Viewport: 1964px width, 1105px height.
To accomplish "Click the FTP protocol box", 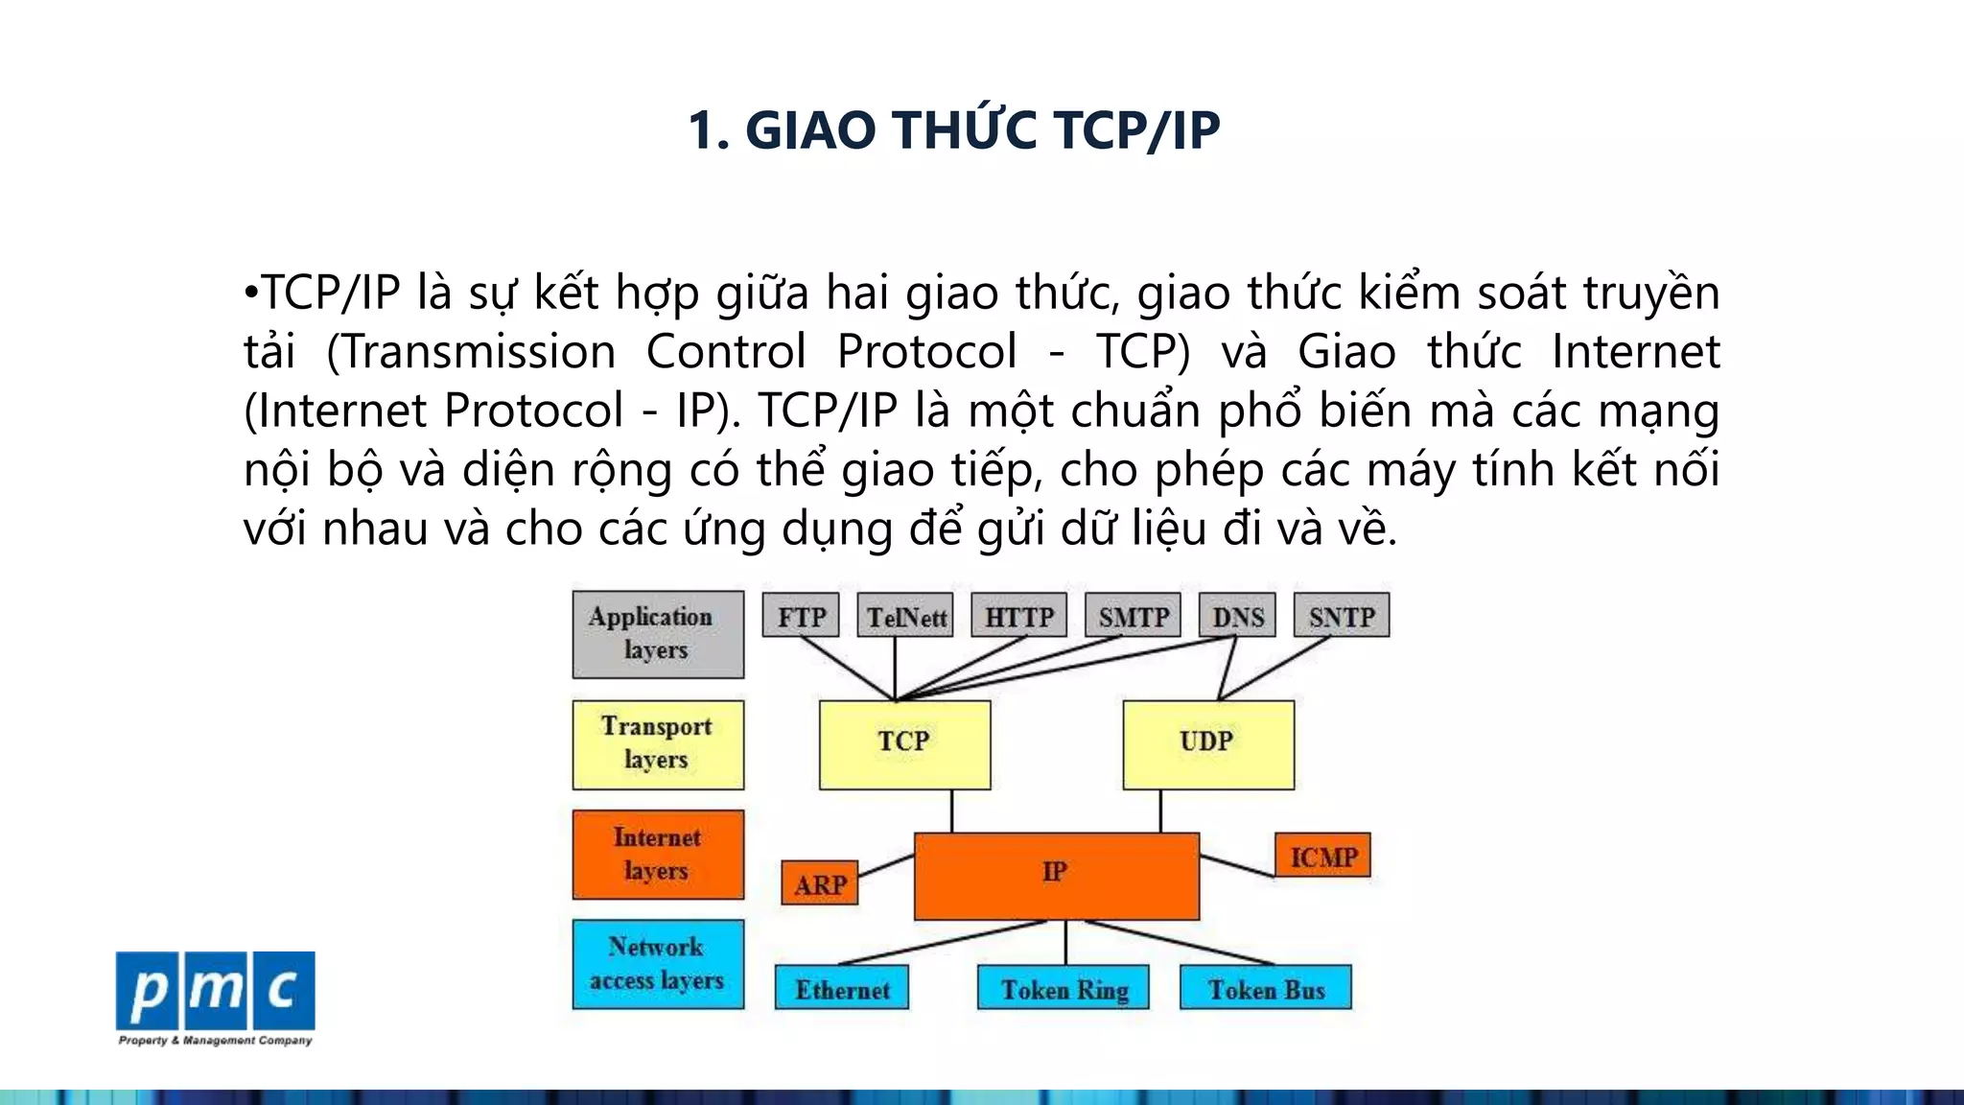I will [801, 616].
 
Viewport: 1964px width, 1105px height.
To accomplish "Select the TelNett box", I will [905, 616].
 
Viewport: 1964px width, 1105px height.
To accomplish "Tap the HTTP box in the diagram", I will [1018, 616].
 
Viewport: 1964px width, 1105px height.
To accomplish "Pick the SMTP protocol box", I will [1133, 616].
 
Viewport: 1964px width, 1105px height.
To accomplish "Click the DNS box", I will [1237, 616].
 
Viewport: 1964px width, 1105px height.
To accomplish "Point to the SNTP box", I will [1342, 616].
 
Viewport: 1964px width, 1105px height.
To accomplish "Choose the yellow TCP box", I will [904, 744].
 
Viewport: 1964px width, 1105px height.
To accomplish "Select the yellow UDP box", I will [1208, 744].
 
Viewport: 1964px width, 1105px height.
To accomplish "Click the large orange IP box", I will [1056, 876].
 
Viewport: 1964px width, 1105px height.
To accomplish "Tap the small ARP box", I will [820, 883].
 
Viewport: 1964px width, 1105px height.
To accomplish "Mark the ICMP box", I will [1322, 856].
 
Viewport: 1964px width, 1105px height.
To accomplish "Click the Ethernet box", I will [842, 988].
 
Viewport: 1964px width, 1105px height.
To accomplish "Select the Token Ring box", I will [1064, 988].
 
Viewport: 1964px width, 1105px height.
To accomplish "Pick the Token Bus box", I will [1266, 988].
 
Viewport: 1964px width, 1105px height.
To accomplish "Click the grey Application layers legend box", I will [658, 634].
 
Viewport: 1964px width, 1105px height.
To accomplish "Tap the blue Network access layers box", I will [658, 964].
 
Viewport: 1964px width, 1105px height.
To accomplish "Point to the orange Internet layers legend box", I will [658, 854].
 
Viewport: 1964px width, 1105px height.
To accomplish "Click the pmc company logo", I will [215, 992].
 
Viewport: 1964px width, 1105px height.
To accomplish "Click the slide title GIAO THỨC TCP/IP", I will [954, 130].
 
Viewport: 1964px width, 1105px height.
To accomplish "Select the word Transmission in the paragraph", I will [479, 352].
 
